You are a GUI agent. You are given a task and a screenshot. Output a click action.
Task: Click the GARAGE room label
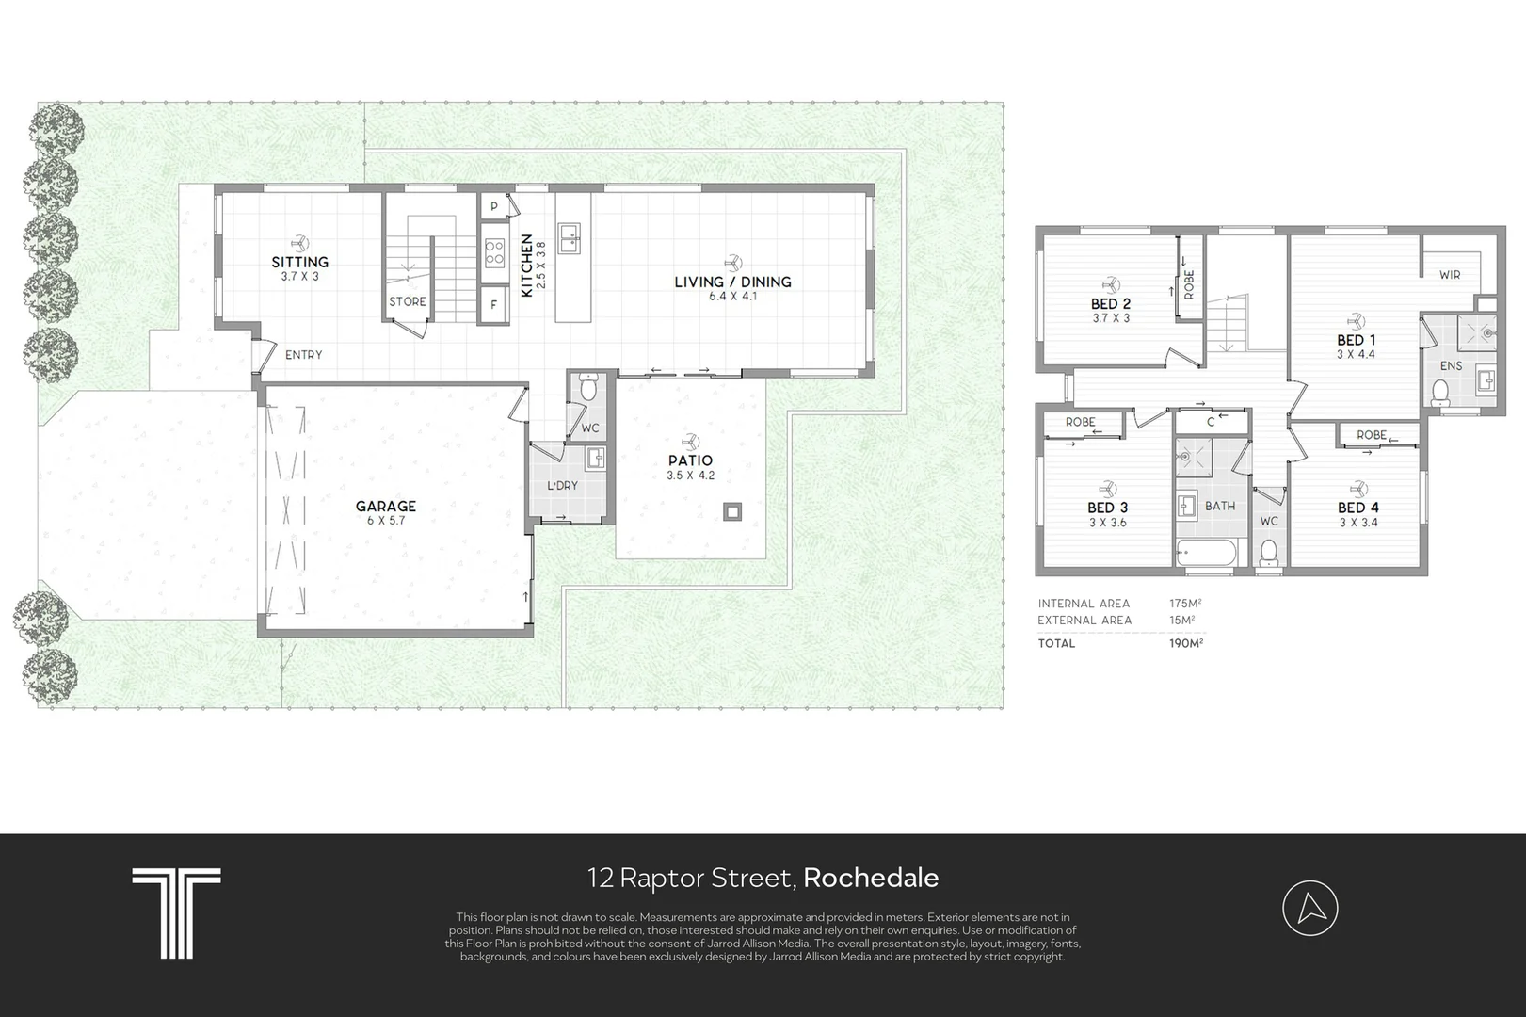pos(386,506)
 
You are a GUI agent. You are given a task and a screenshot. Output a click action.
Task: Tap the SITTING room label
pos(299,262)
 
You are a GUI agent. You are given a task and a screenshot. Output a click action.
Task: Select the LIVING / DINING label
pos(733,282)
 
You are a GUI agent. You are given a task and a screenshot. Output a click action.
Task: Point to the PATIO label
pos(691,460)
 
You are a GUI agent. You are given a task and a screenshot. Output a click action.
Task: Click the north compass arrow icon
pos(1310,908)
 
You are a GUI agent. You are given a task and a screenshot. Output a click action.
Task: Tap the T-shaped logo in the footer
pos(176,912)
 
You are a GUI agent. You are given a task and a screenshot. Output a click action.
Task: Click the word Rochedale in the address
pos(871,878)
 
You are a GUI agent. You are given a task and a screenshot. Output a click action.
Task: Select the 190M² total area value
pos(1186,643)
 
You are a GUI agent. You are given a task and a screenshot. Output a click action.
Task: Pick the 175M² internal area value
pos(1186,604)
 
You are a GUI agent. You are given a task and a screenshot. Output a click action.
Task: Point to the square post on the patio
pos(732,511)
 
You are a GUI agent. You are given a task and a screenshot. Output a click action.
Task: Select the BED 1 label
pos(1356,339)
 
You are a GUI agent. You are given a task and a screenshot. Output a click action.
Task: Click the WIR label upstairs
pos(1450,275)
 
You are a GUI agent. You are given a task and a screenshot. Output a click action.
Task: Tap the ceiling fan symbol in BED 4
pos(1358,488)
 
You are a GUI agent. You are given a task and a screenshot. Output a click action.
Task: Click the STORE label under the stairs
pos(408,301)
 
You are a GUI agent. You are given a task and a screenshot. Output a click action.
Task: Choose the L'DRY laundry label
pos(562,485)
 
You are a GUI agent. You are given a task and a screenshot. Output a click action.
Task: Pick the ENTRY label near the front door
pos(304,354)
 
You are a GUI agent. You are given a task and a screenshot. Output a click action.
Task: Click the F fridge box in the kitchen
pos(494,305)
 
